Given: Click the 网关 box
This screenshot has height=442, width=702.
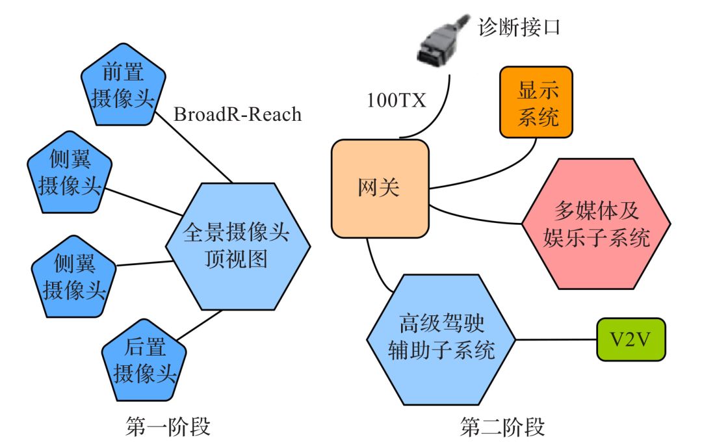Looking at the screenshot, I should coord(380,188).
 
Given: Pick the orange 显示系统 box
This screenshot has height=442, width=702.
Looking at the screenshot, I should coord(536,103).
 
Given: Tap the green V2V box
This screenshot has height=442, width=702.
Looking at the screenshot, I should coord(631,339).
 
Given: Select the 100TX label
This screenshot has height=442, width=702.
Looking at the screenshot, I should coord(396,101).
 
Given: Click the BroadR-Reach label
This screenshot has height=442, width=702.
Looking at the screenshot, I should coord(238,114).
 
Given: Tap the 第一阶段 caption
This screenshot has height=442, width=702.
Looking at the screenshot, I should coord(168,427).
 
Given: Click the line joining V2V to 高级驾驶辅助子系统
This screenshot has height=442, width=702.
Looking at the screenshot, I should coord(556,339).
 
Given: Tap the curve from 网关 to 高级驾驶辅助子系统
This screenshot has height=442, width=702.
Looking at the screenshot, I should coord(376,266).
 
